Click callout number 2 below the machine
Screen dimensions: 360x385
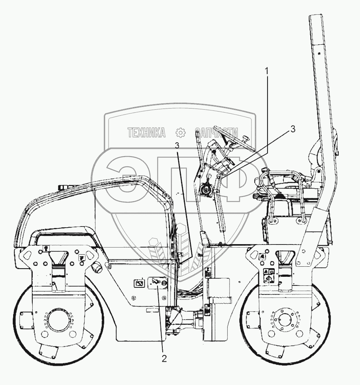(x=164, y=358)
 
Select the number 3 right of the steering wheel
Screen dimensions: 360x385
(x=292, y=129)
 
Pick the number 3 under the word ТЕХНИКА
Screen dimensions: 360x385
(x=177, y=145)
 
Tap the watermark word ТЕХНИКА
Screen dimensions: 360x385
(x=147, y=133)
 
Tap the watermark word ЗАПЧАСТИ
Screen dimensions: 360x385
(x=216, y=133)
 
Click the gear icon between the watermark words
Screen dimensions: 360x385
(x=181, y=133)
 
